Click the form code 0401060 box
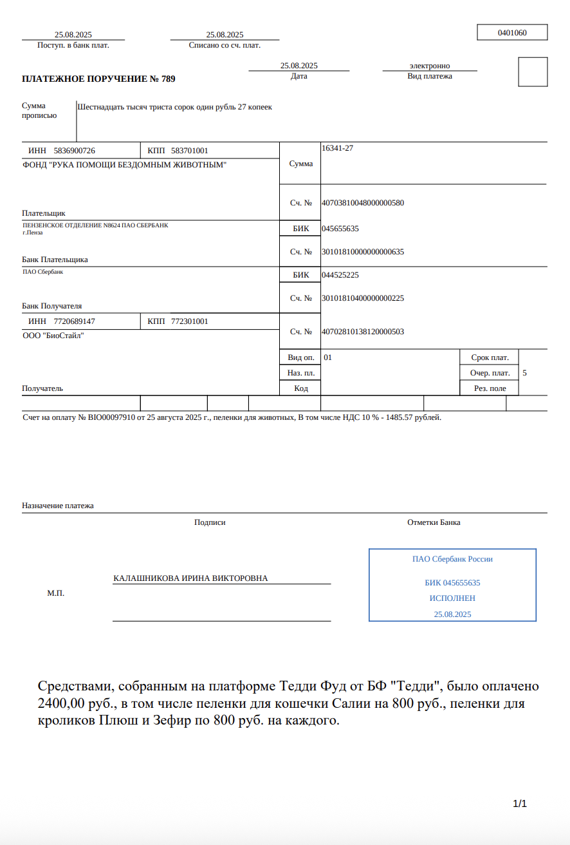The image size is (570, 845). [x=512, y=32]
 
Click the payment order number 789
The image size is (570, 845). [x=168, y=79]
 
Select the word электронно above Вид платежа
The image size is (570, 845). [x=430, y=66]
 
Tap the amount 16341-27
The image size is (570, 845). [x=337, y=148]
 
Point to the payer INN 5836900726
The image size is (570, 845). [x=74, y=151]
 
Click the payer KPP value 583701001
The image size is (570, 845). [x=189, y=151]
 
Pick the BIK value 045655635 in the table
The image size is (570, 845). [x=340, y=229]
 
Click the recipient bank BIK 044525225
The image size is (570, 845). [x=340, y=275]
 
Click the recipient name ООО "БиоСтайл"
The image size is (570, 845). [x=53, y=336]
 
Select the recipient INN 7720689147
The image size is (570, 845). [x=74, y=321]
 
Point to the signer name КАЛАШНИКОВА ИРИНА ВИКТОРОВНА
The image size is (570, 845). [x=190, y=578]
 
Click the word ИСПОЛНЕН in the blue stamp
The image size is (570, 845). [x=452, y=598]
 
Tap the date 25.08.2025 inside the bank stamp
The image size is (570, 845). [x=452, y=614]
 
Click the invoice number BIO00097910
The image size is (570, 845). [x=111, y=417]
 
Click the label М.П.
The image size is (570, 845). [x=55, y=593]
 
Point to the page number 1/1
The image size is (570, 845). [x=520, y=804]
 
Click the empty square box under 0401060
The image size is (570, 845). [x=533, y=71]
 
